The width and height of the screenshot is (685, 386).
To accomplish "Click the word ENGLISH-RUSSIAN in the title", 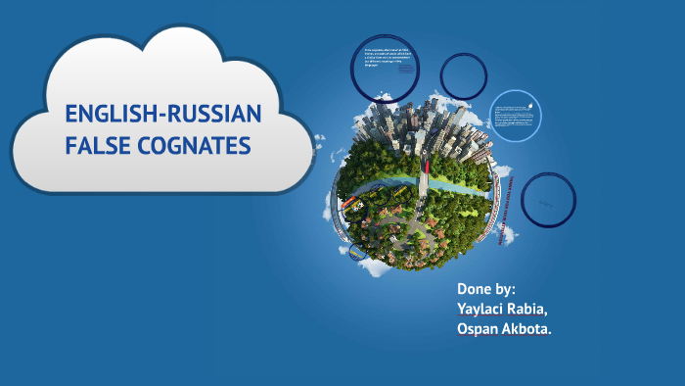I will (x=163, y=116).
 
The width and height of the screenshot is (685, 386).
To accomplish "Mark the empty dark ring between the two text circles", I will (x=463, y=75).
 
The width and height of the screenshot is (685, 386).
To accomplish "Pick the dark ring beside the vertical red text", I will (x=548, y=200).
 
